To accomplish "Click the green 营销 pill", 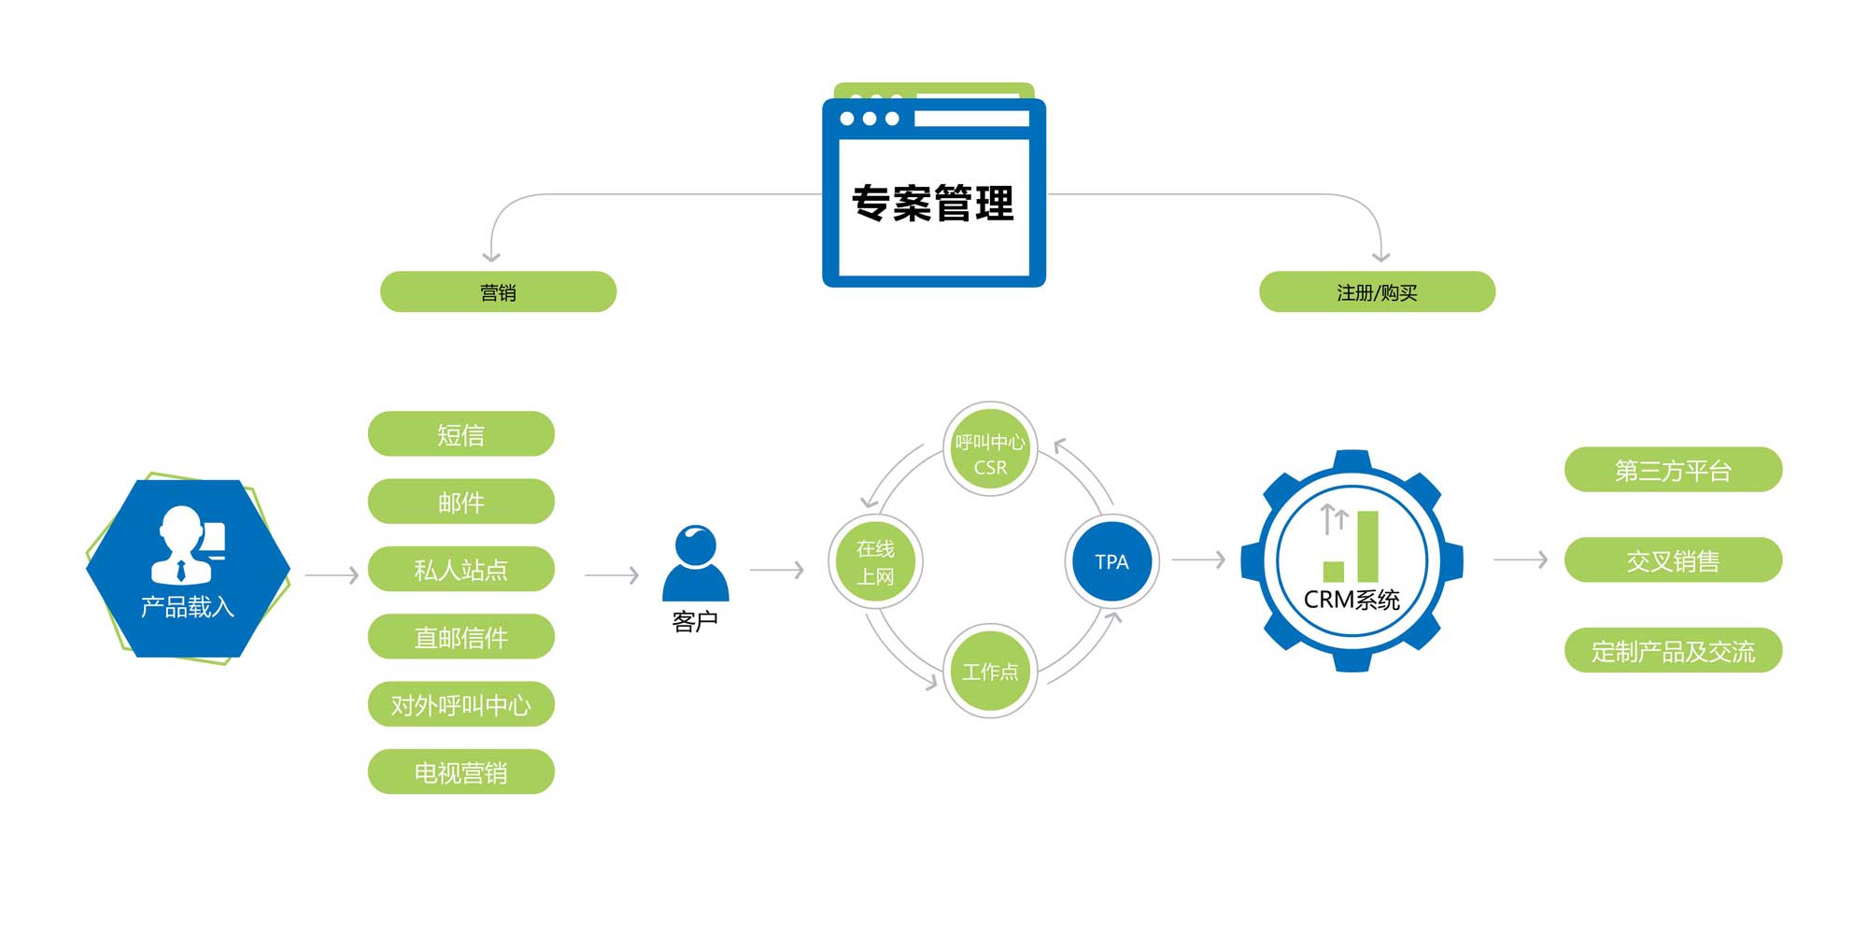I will pos(498,292).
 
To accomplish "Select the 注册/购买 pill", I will pos(1377,292).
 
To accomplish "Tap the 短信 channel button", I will pos(461,434).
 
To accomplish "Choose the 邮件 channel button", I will pos(461,502).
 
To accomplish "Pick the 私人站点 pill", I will pos(461,570).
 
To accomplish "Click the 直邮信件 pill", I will pos(461,637).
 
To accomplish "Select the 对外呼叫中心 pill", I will pos(461,704).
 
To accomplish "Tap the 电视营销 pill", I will pos(461,772).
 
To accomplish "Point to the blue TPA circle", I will pos(1111,561).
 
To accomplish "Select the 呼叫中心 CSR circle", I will pos(990,451).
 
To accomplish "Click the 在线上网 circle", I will pos(875,561).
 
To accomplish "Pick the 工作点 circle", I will pos(990,671).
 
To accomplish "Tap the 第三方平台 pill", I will pos(1673,470).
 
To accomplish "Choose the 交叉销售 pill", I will pos(1673,560).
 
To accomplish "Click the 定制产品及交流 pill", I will pos(1673,651).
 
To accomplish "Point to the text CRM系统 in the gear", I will pos(1351,600).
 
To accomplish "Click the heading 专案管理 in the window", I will pos(933,204).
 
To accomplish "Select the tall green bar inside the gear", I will pos(1367,545).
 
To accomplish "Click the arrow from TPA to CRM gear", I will pos(1198,559).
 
